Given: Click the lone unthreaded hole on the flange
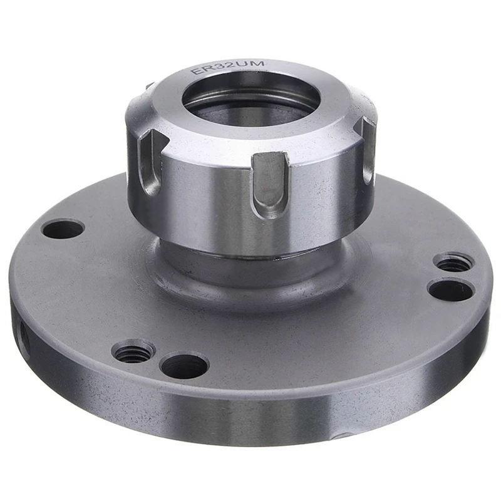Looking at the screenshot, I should (x=63, y=229).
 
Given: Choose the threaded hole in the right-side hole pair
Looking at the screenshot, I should (x=453, y=262).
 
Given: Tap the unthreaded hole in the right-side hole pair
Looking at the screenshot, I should (x=450, y=289).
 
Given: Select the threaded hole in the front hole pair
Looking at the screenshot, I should (x=133, y=351).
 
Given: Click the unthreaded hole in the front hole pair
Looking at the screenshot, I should (x=183, y=364).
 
